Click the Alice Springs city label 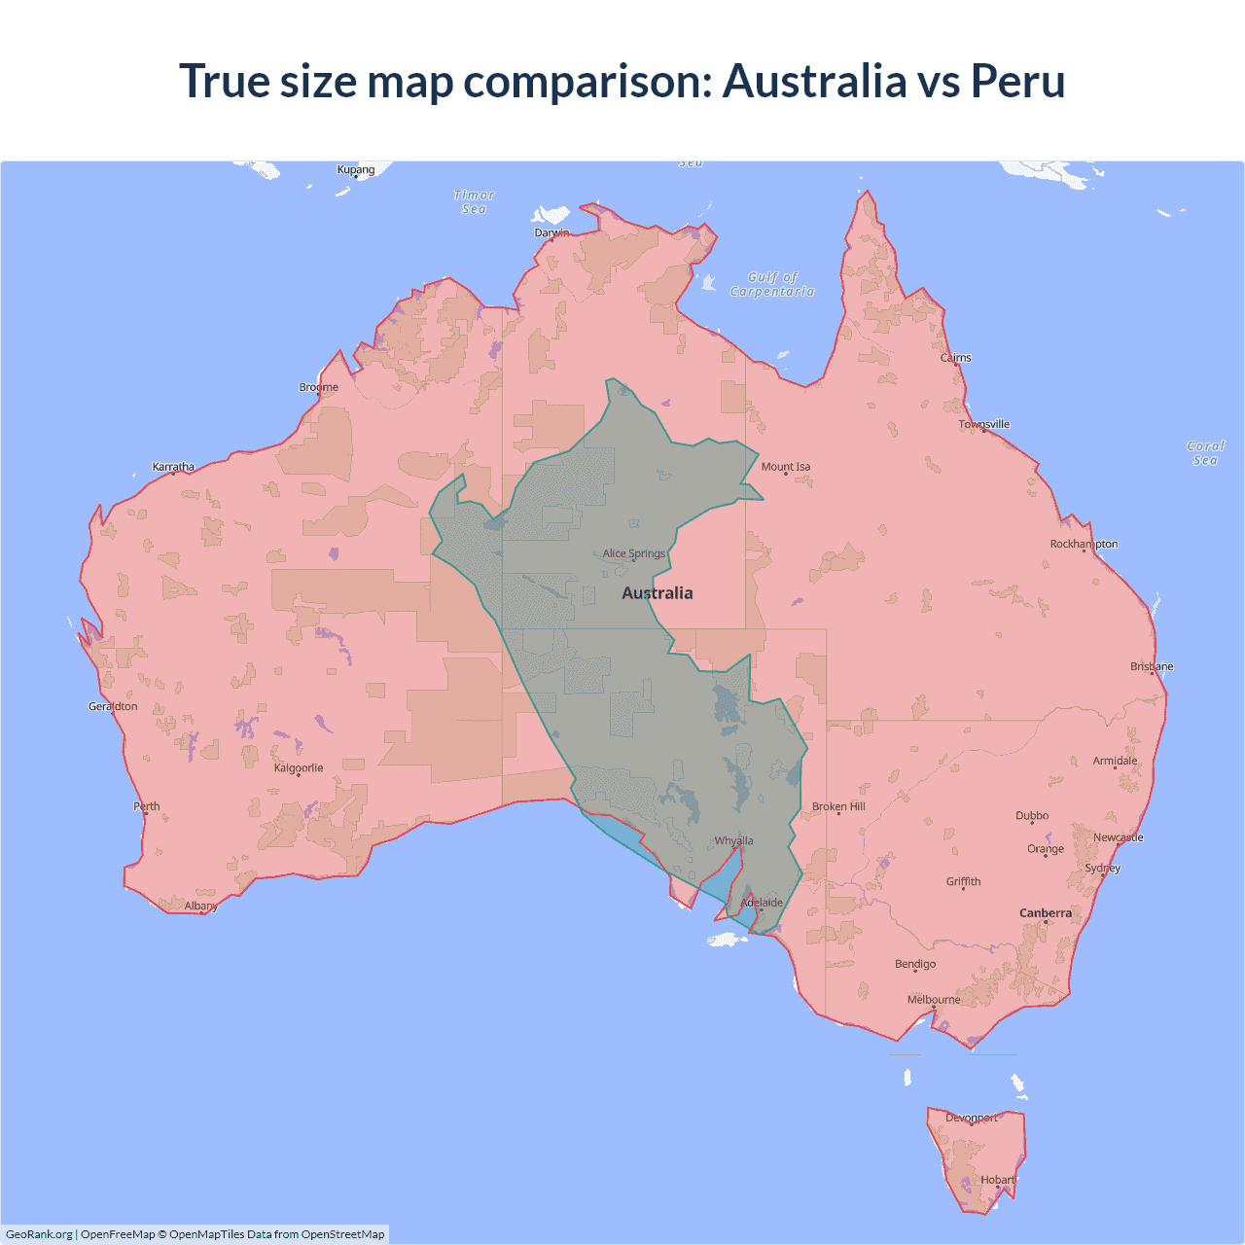(633, 553)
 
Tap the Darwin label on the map (551, 232)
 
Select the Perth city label (147, 806)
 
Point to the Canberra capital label (1046, 913)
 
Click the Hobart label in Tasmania (997, 1180)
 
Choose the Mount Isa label (786, 467)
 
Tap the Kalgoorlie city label (299, 768)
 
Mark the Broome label (318, 387)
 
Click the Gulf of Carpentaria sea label (772, 284)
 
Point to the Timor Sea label (474, 202)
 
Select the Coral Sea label (1205, 453)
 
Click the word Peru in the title (1017, 81)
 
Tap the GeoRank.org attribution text (39, 1234)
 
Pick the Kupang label (356, 169)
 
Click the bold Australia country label (658, 593)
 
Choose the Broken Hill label (838, 806)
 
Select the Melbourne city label (934, 1000)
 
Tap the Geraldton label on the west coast (113, 706)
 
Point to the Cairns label (956, 358)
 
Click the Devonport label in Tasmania (972, 1118)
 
